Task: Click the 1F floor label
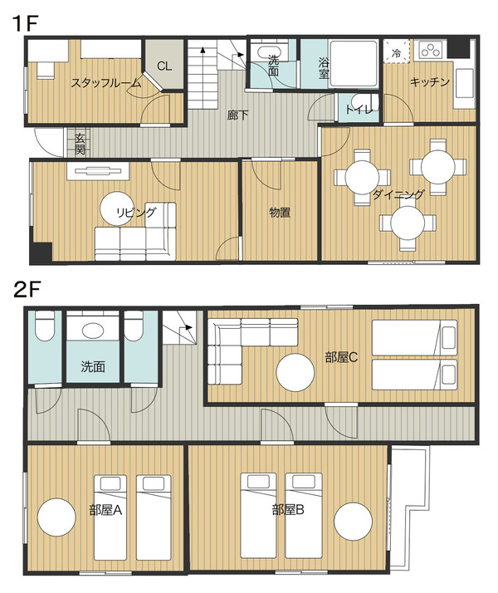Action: point(27,23)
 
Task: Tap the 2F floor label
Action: point(27,290)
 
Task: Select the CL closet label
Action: point(164,66)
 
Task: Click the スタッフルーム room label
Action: point(106,82)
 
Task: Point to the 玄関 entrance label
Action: point(80,144)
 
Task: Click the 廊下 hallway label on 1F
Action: point(238,115)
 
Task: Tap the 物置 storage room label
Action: point(280,213)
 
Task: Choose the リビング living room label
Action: point(135,212)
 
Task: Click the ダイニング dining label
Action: point(398,194)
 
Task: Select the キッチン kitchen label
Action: point(430,81)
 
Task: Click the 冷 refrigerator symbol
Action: point(397,53)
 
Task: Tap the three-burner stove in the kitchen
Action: point(431,51)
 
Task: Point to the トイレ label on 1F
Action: point(359,110)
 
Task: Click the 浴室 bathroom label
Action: point(324,68)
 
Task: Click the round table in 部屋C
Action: point(295,373)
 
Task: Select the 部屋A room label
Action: point(105,511)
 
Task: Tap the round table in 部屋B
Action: point(354,522)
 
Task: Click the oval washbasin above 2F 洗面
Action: point(93,331)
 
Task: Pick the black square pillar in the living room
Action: point(41,252)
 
